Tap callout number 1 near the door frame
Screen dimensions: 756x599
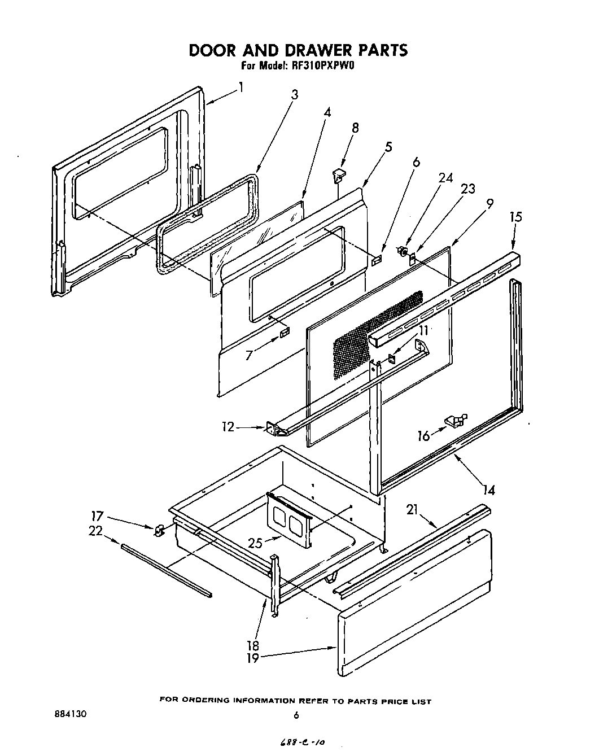[x=241, y=88]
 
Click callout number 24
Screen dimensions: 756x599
[x=445, y=177]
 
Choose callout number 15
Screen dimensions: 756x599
[x=515, y=217]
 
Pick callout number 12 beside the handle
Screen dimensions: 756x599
[x=228, y=427]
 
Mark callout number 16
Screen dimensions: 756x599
[x=423, y=435]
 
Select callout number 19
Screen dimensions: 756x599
[x=253, y=658]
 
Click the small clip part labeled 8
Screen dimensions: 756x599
[x=339, y=175]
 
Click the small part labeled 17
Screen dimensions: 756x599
[x=159, y=530]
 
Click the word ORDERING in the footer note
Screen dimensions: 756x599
[x=210, y=701]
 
